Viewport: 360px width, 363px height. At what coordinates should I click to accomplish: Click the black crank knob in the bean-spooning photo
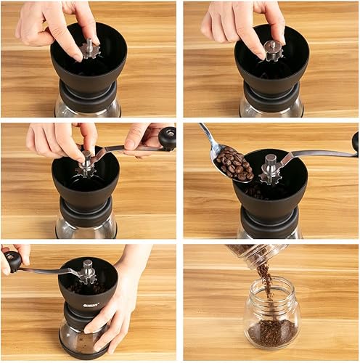click(x=356, y=141)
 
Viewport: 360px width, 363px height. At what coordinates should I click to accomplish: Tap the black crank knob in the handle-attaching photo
click(x=168, y=137)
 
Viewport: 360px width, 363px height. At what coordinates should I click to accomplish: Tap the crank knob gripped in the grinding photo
click(x=13, y=260)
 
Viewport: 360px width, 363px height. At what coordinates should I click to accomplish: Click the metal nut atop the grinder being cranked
click(x=88, y=272)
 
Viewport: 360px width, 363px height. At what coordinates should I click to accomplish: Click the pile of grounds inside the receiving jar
click(x=271, y=333)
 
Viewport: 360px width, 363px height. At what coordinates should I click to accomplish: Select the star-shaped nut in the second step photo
click(x=272, y=49)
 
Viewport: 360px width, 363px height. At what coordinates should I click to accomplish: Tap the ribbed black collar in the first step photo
click(x=88, y=94)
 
